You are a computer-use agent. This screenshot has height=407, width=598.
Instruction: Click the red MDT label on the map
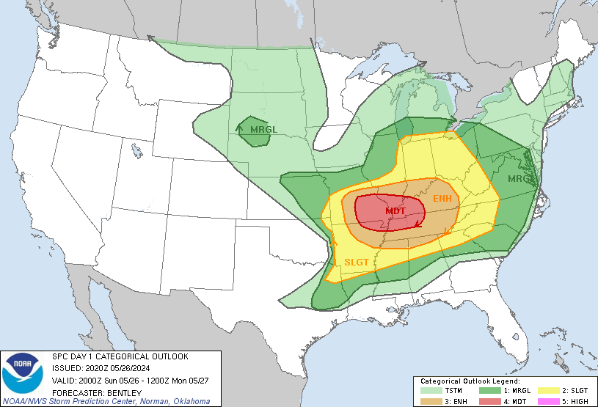395,211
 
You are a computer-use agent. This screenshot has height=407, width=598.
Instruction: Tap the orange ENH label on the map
442,199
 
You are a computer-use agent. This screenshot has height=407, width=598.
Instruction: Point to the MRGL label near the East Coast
521,179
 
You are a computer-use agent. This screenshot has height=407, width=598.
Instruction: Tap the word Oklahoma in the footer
191,401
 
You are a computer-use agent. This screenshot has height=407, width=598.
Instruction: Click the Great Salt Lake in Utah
137,151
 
